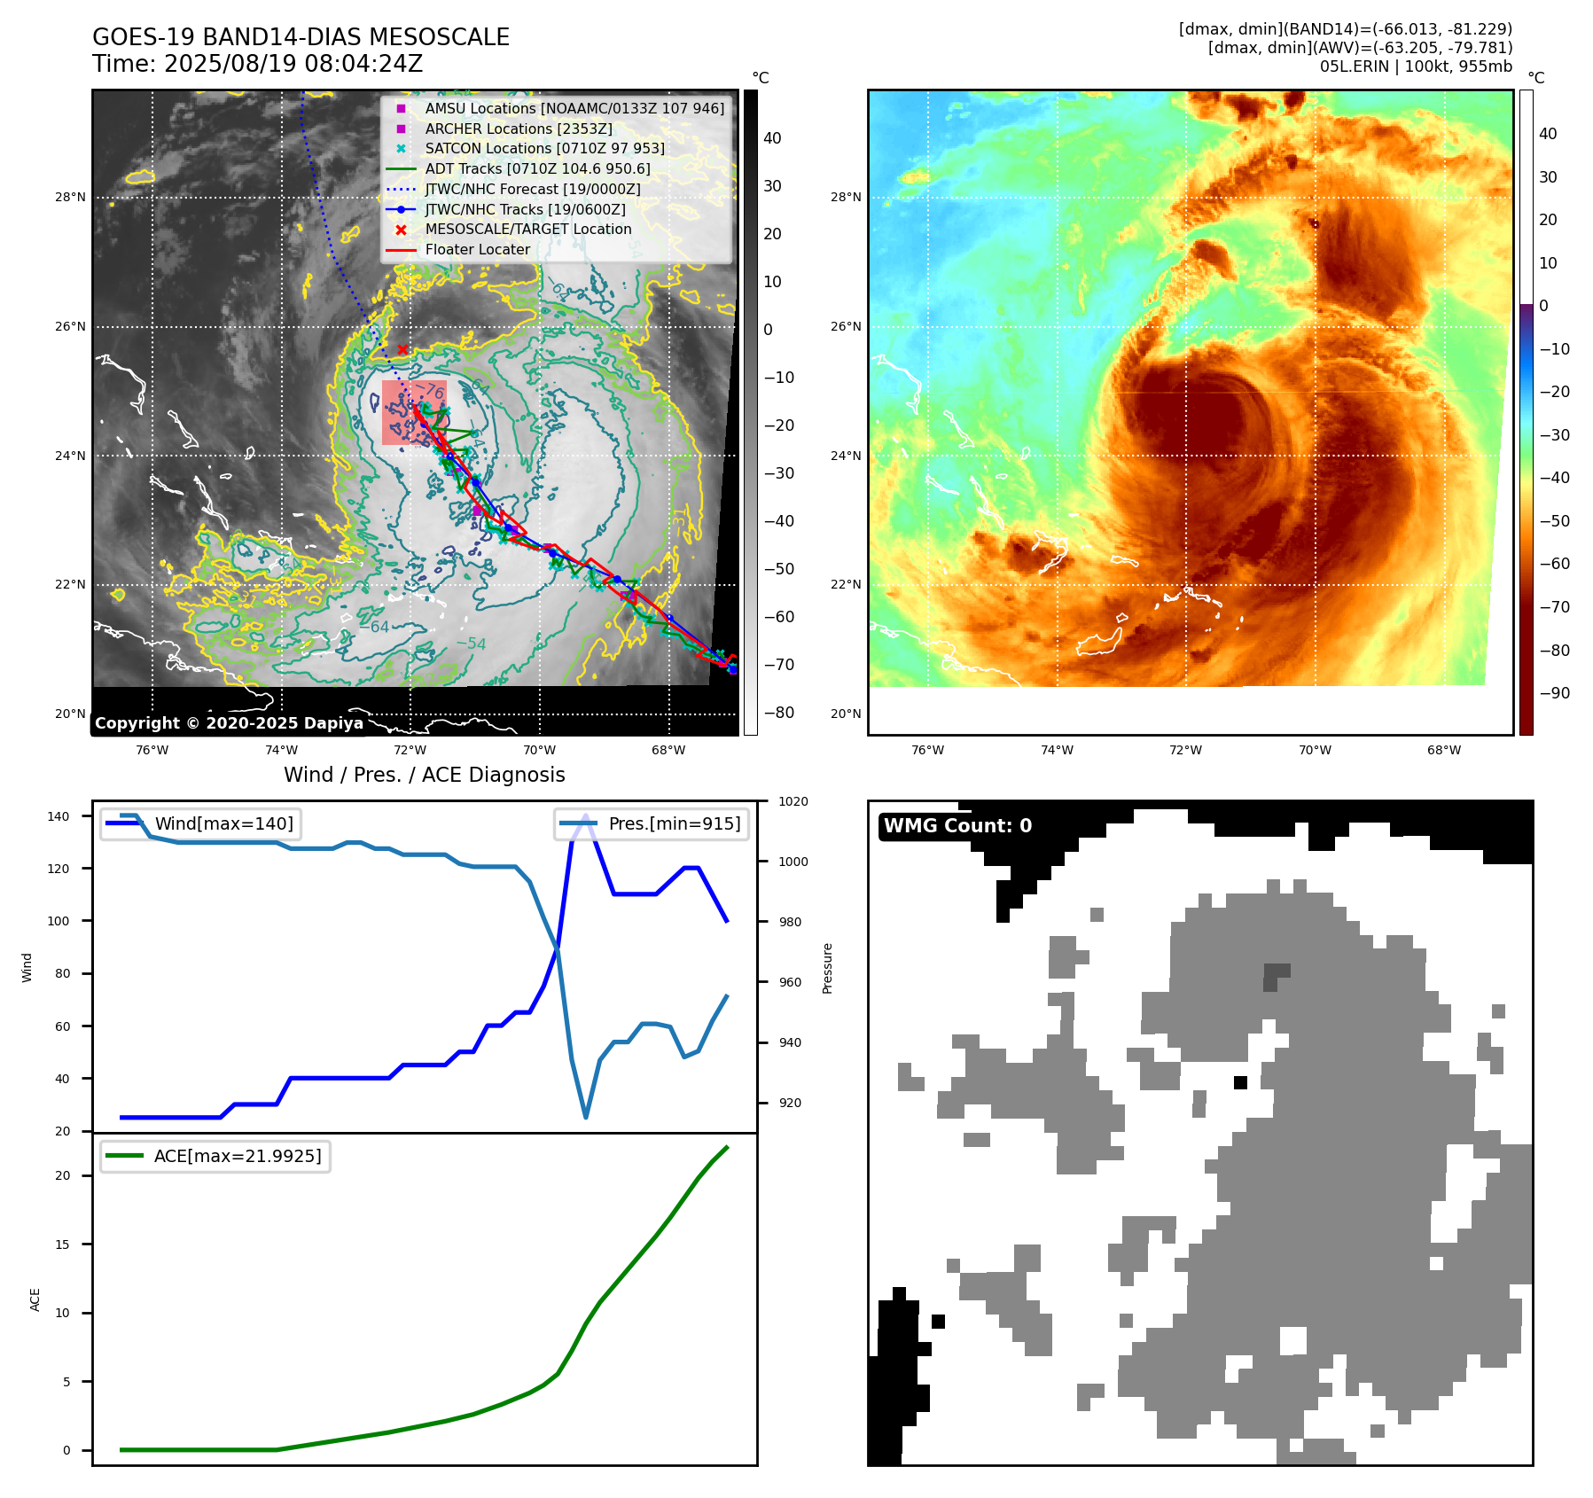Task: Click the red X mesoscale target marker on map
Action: point(402,349)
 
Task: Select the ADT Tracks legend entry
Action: point(537,169)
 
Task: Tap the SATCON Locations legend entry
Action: point(544,149)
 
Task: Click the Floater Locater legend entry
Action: point(477,250)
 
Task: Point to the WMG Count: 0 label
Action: point(957,826)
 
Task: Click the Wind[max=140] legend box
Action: point(200,823)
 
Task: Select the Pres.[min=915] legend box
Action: point(652,823)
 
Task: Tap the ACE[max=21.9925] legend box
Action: point(215,1156)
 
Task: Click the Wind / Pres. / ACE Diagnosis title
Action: point(424,775)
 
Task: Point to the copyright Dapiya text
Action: point(229,723)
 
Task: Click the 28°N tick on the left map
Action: point(70,197)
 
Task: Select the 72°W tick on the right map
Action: point(1185,750)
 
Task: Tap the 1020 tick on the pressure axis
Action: point(793,801)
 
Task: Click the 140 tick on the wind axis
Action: point(59,816)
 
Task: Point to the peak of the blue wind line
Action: point(586,815)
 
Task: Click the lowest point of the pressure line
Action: point(586,1117)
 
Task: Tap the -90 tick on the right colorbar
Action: point(1554,693)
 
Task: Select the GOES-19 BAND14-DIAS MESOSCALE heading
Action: point(301,37)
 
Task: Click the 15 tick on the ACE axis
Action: point(62,1244)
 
